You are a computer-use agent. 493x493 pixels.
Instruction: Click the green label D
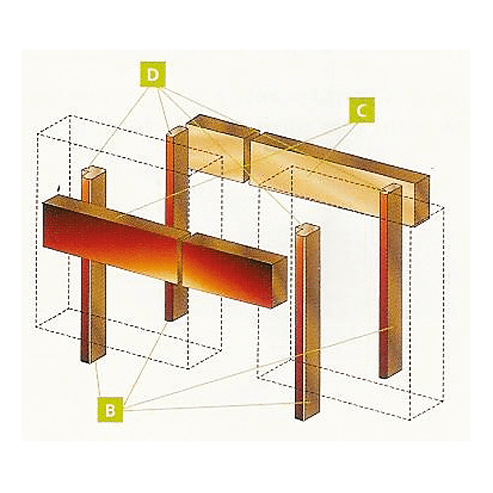coord(153,76)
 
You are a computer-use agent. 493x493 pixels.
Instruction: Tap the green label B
coord(109,408)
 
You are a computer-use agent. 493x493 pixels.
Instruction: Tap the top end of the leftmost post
coord(94,173)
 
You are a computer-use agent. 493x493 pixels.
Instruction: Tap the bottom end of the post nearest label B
coord(306,416)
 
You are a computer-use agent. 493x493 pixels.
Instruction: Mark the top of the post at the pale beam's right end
coord(392,191)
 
